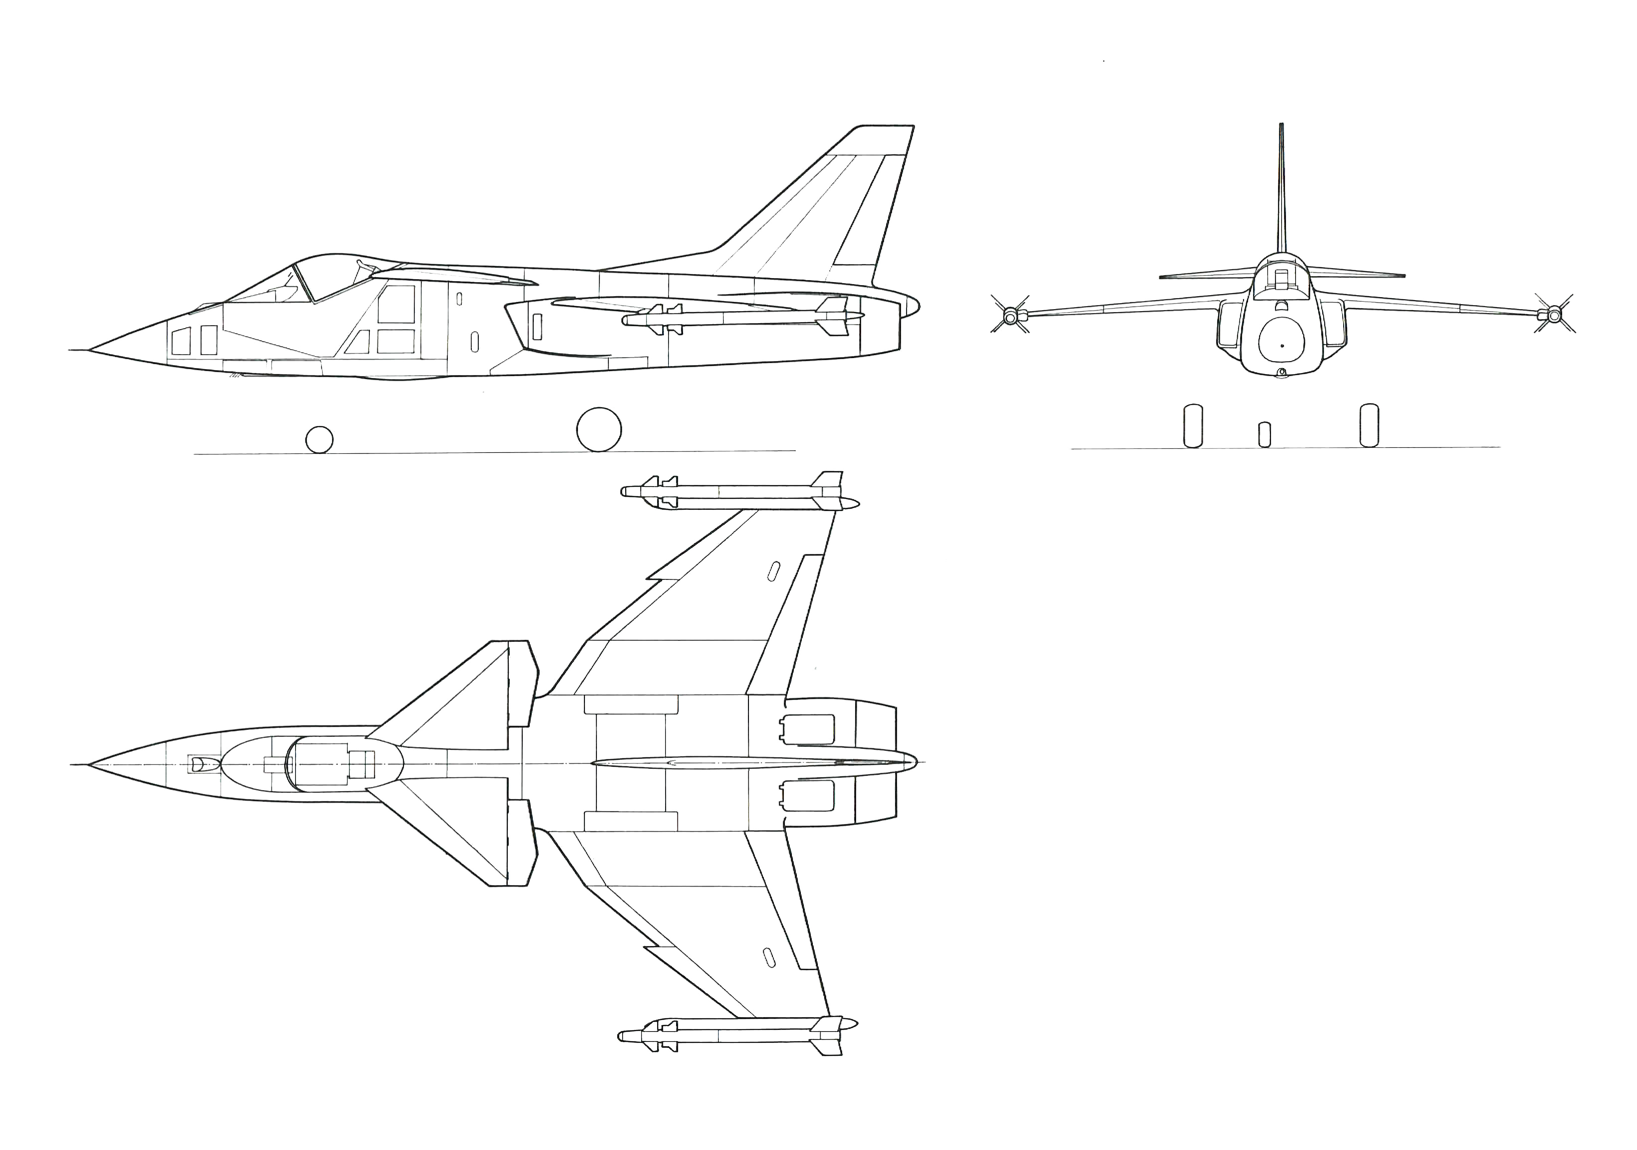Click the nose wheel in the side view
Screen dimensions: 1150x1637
319,440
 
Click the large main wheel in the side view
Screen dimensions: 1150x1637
599,429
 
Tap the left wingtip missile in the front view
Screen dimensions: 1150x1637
1009,314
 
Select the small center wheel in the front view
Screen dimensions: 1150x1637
1264,435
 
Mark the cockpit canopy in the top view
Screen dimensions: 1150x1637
314,764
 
